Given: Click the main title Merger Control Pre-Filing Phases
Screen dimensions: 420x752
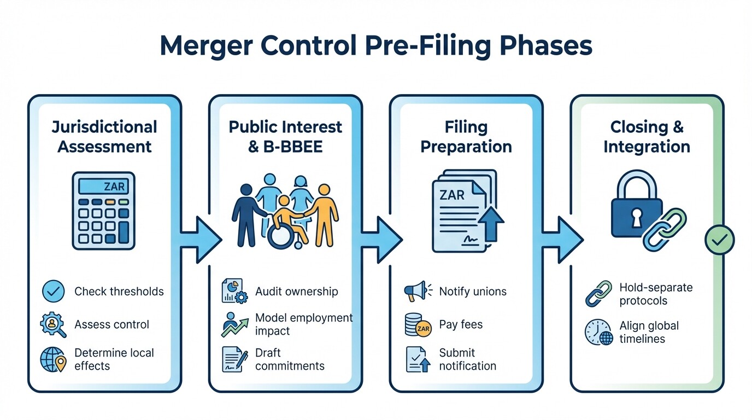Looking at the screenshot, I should click(x=376, y=46).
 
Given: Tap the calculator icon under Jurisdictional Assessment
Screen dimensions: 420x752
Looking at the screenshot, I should click(x=104, y=211).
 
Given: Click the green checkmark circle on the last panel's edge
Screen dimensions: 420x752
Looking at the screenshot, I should click(x=719, y=240).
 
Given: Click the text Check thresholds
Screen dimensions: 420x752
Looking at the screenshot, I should click(x=119, y=291).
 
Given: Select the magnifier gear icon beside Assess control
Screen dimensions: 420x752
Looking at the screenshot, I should click(x=53, y=325).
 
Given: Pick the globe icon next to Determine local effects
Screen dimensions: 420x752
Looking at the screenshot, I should click(x=53, y=359).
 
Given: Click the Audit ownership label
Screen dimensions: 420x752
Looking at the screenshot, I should click(x=297, y=291).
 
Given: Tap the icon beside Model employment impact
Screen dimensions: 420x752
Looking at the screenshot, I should click(x=234, y=325).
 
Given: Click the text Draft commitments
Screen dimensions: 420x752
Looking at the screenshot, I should click(x=290, y=359).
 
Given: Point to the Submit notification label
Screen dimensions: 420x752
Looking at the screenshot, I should click(x=468, y=359).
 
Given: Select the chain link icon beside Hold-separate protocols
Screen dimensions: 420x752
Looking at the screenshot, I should click(x=598, y=294).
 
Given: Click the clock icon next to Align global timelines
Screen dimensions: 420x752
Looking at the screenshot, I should click(x=598, y=332).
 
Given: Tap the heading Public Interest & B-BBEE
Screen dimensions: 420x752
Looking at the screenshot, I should click(x=285, y=136).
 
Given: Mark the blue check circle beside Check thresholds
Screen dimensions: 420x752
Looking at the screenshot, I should click(x=53, y=291).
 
